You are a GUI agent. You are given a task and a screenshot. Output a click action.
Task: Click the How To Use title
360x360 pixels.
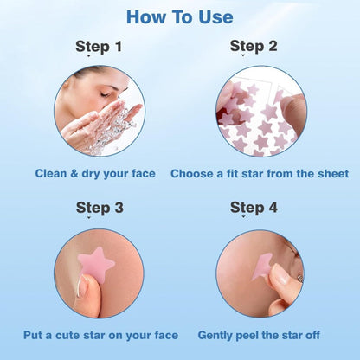pyautogui.click(x=179, y=17)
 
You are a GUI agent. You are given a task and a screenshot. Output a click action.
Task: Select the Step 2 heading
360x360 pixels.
pyautogui.click(x=254, y=46)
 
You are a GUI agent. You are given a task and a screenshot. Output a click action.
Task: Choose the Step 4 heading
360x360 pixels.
pyautogui.click(x=254, y=208)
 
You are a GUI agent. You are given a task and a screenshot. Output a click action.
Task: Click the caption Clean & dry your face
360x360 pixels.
pyautogui.click(x=95, y=174)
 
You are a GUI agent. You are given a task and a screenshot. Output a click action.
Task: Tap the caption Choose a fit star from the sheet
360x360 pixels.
pyautogui.click(x=260, y=174)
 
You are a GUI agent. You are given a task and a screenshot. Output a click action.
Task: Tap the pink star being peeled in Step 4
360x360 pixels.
pyautogui.click(x=262, y=264)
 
